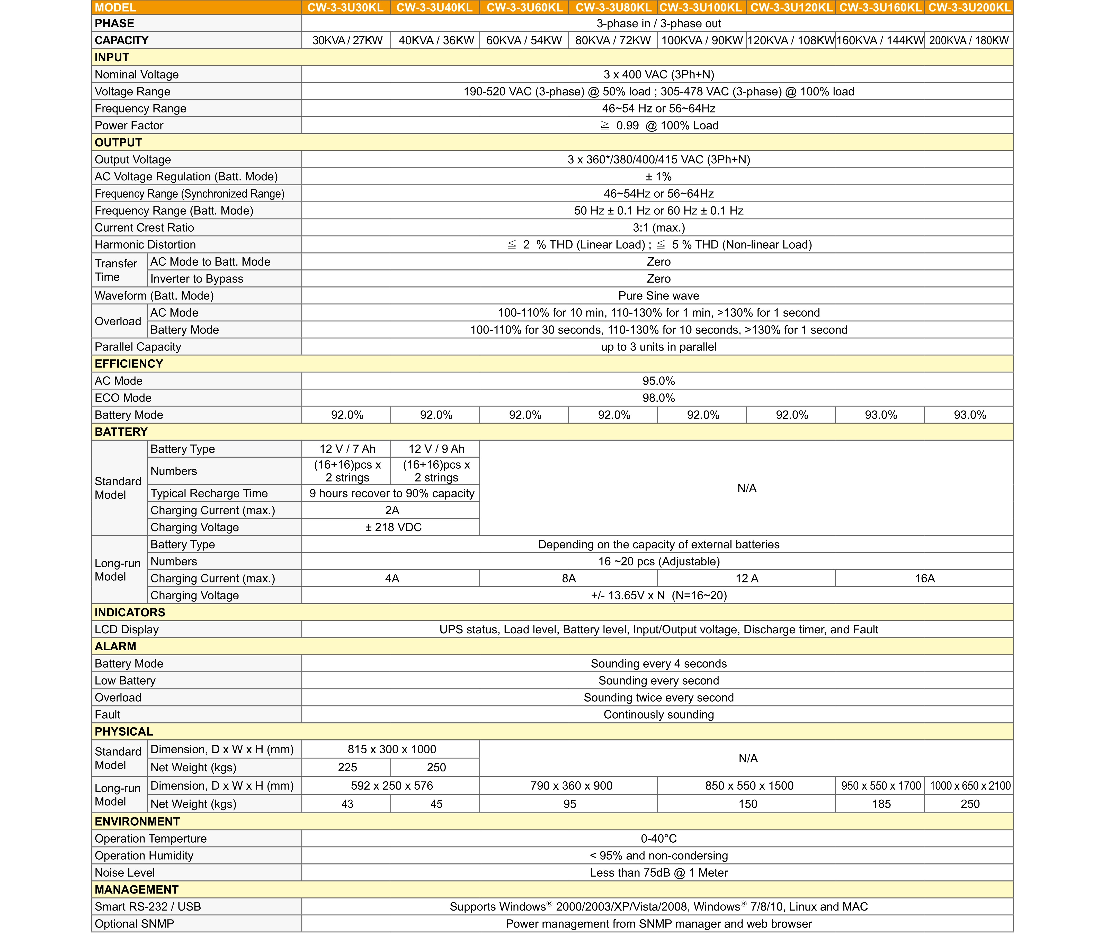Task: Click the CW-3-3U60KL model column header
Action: [x=524, y=7]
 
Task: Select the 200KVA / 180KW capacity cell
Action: [x=969, y=40]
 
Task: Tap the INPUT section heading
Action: [x=112, y=57]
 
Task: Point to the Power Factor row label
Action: [x=129, y=126]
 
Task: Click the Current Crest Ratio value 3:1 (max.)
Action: [x=658, y=228]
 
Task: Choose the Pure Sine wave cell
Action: [x=658, y=296]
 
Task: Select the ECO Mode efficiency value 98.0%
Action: [x=658, y=398]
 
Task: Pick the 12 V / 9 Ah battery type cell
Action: [x=436, y=449]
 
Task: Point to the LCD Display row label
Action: [x=127, y=630]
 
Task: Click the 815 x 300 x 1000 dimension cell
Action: [x=391, y=749]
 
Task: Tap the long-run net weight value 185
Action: [x=881, y=804]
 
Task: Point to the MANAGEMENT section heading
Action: [x=137, y=889]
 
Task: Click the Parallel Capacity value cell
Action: [x=658, y=347]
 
